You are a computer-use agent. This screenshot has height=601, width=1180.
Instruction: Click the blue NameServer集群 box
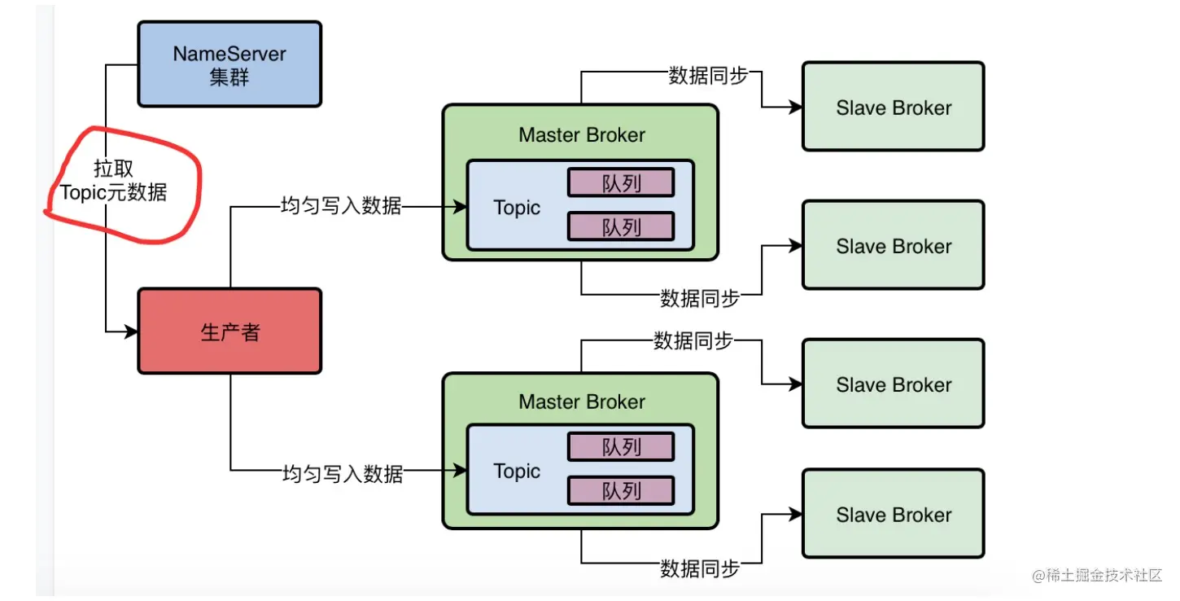(x=229, y=64)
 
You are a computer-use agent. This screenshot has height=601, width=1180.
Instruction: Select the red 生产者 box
(x=229, y=331)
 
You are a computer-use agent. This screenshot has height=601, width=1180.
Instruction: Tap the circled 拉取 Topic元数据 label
(x=113, y=181)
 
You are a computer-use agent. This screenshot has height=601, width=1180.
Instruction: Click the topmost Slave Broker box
(x=894, y=107)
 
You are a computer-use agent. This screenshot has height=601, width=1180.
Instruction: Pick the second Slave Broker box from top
(x=894, y=245)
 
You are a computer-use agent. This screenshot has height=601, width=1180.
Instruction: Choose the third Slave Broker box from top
(x=894, y=384)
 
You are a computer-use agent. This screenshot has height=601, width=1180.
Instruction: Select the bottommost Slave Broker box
(x=894, y=514)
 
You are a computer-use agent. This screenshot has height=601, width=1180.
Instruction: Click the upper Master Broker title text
(x=582, y=135)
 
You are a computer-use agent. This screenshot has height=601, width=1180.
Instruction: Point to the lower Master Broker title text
(x=582, y=401)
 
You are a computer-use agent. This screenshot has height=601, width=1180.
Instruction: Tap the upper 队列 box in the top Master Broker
(x=621, y=182)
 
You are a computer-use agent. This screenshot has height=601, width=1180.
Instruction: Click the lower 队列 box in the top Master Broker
(x=621, y=226)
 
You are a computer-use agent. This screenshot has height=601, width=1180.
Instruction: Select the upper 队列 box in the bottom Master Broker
(x=621, y=446)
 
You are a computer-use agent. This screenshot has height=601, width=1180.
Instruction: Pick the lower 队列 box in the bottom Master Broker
(x=621, y=490)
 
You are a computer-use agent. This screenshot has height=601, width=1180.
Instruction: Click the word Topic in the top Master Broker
(x=517, y=208)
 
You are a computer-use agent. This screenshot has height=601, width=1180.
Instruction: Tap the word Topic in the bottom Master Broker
(x=517, y=472)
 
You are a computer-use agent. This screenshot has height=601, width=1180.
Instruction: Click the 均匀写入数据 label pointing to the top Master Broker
(x=341, y=205)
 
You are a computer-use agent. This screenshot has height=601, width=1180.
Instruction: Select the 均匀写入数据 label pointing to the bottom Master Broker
(x=343, y=473)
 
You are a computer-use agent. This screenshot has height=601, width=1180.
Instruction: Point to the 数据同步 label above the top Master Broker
(x=708, y=76)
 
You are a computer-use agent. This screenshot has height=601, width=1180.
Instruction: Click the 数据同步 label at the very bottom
(x=700, y=568)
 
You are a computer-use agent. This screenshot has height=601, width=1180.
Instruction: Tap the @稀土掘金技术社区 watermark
(x=1097, y=575)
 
